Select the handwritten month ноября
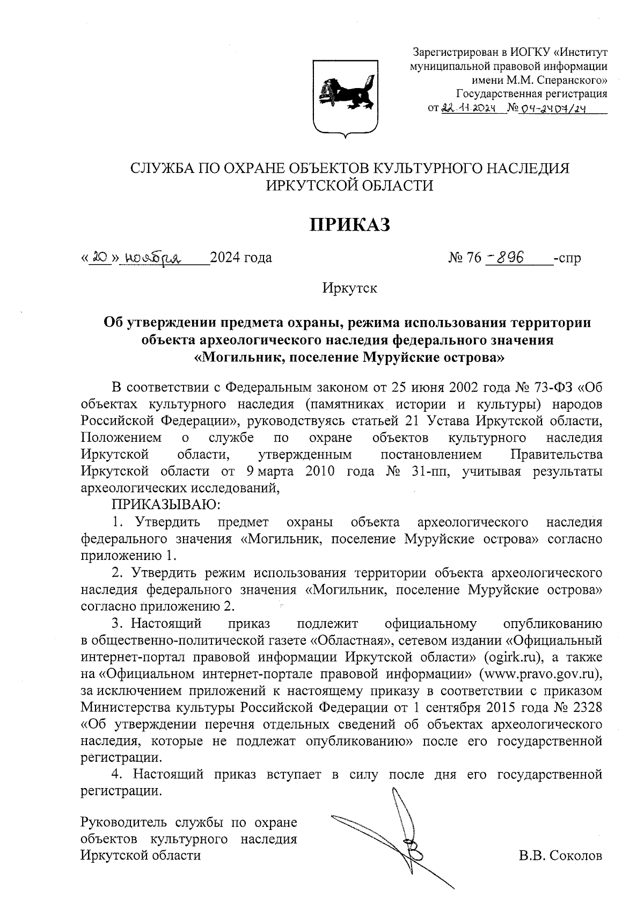(152, 258)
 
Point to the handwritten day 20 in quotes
(99, 258)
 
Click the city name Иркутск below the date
(349, 288)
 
